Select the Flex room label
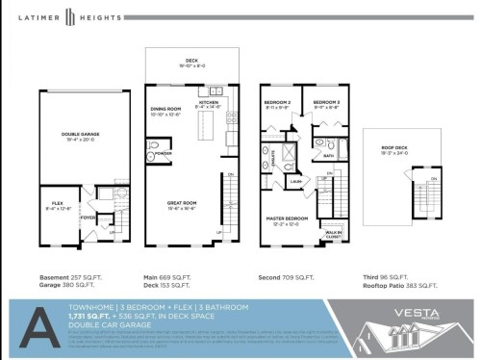click(x=58, y=204)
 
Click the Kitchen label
click(x=209, y=102)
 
